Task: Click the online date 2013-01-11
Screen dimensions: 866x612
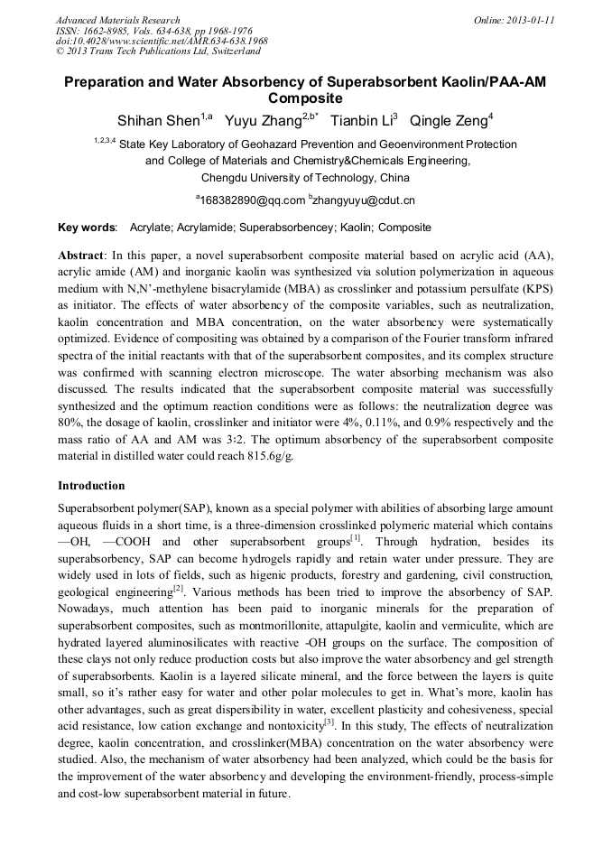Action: click(x=528, y=20)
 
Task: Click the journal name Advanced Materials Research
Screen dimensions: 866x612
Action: click(x=117, y=20)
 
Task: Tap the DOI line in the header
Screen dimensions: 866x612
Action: click(x=162, y=41)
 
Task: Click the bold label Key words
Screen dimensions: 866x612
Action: click(x=87, y=228)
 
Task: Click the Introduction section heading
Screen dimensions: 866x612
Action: click(x=91, y=486)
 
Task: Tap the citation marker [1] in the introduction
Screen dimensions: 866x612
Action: click(x=356, y=538)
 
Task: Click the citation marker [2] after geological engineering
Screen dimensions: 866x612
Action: click(x=178, y=590)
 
